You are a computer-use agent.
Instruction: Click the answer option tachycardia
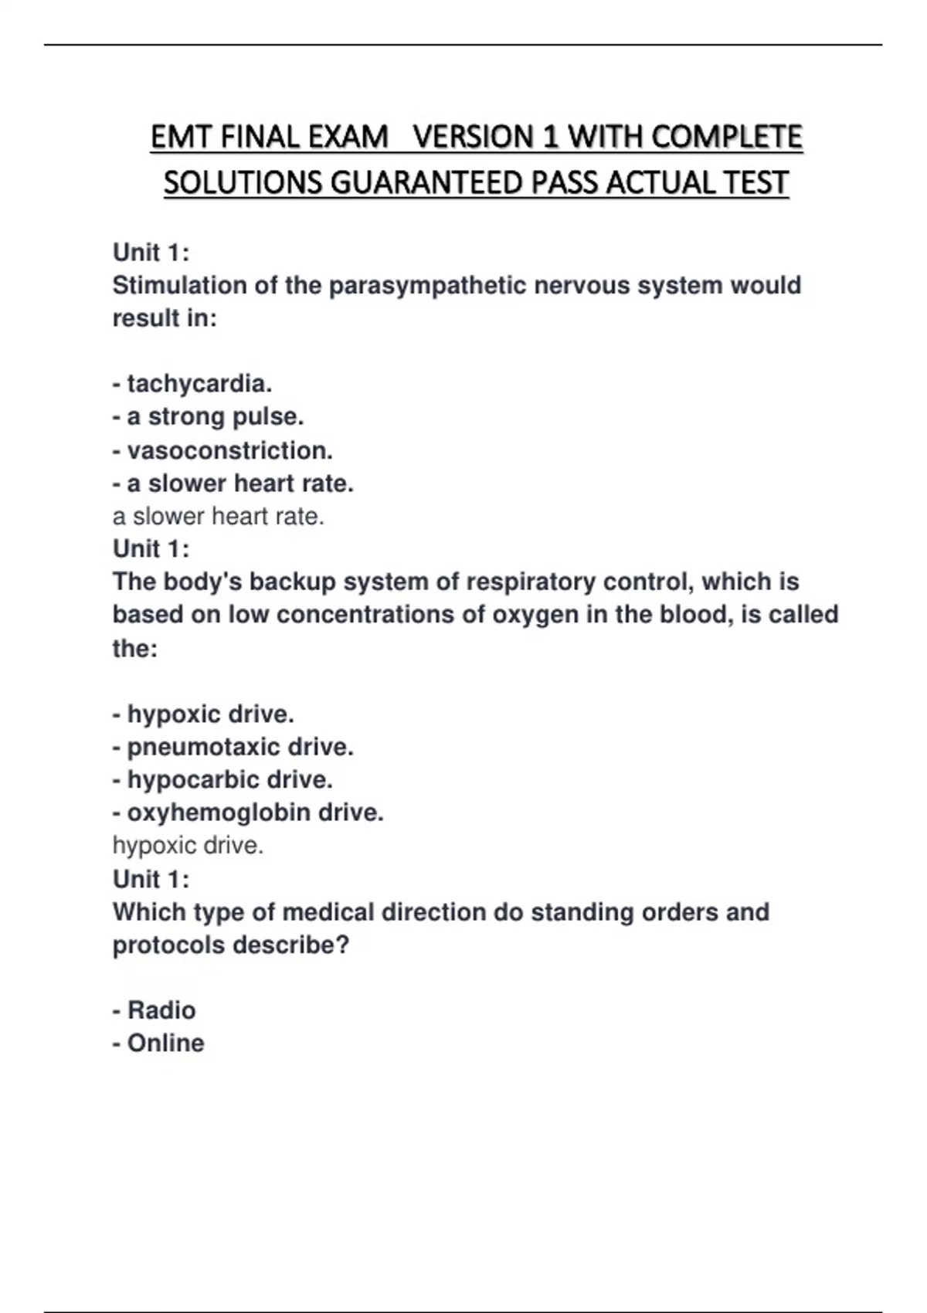point(199,383)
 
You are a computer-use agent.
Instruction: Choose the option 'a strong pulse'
point(215,416)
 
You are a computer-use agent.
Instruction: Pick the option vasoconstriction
point(229,450)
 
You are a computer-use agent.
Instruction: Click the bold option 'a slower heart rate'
point(239,483)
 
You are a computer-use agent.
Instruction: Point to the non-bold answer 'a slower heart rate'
point(219,516)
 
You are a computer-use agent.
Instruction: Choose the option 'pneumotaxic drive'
point(239,747)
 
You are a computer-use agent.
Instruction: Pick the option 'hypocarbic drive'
point(229,780)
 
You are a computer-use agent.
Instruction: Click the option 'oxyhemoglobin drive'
point(255,813)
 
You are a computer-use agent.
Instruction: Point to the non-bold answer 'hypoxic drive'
point(188,846)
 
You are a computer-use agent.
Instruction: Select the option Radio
point(161,1010)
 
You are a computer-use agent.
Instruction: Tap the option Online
point(165,1043)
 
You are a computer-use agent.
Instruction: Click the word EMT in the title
point(182,137)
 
